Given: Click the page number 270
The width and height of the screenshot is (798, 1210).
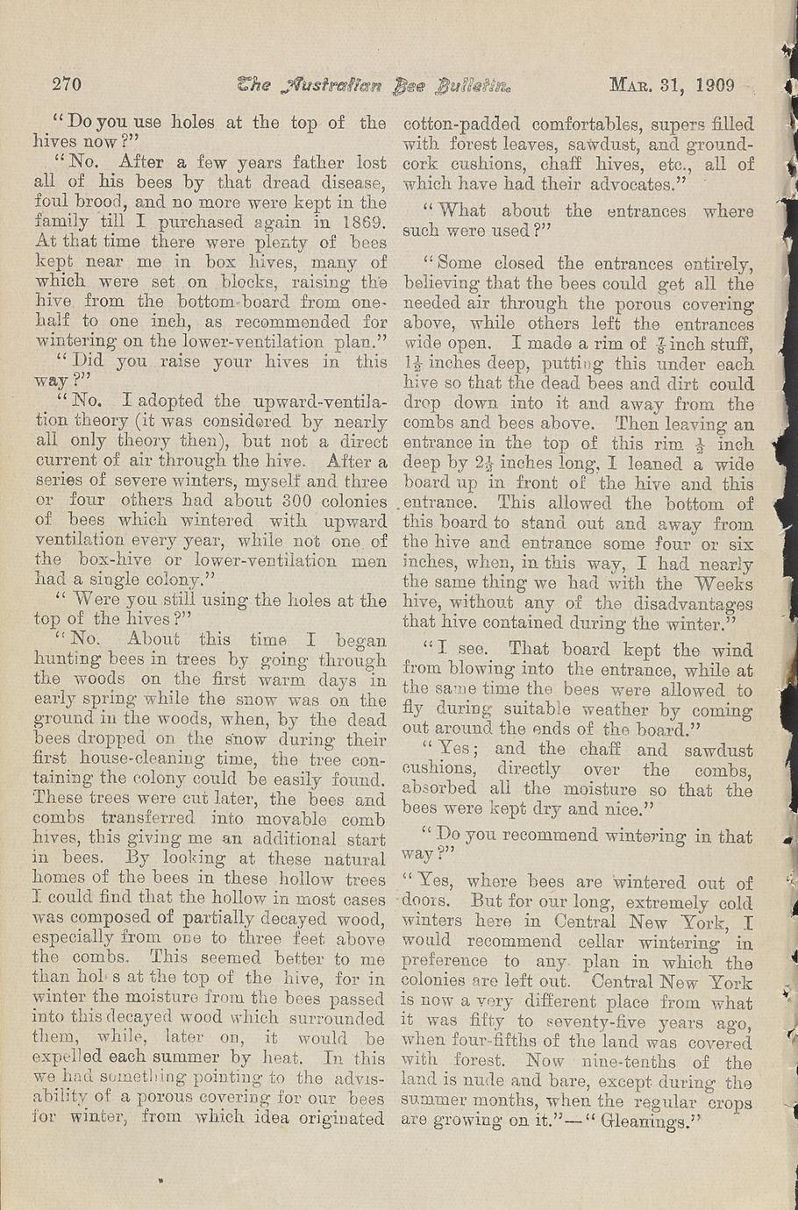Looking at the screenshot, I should coord(67,85).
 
